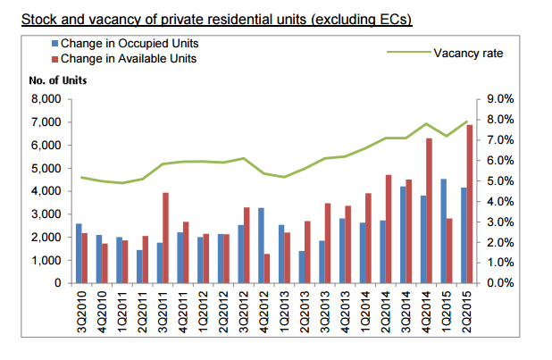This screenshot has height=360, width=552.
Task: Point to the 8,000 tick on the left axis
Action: (x=42, y=99)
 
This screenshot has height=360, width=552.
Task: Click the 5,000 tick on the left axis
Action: (x=42, y=168)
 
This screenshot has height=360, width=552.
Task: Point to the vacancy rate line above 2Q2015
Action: (x=465, y=121)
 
